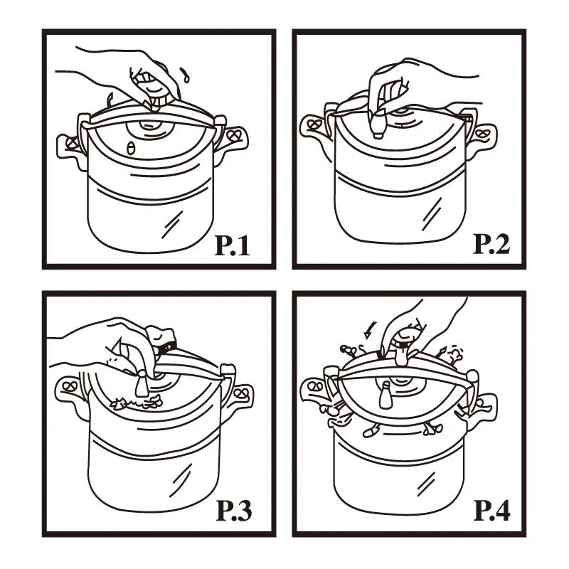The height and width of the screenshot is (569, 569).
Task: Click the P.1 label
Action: [x=233, y=245]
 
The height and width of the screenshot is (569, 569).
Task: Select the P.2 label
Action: [x=491, y=244]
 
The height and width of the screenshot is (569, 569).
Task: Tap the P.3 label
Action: [x=234, y=510]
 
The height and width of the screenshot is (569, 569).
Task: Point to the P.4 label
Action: [x=492, y=510]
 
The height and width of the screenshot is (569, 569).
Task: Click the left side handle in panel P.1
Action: [x=69, y=147]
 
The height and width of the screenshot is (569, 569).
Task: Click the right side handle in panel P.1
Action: [x=233, y=137]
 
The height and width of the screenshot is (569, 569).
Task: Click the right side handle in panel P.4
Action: [x=482, y=402]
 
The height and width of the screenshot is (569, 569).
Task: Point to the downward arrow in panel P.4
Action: [x=370, y=329]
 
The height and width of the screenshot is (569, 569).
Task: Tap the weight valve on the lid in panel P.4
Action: [x=385, y=396]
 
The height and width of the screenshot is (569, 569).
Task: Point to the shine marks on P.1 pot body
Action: [x=172, y=224]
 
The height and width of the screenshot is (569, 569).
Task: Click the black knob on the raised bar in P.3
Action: [x=168, y=347]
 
